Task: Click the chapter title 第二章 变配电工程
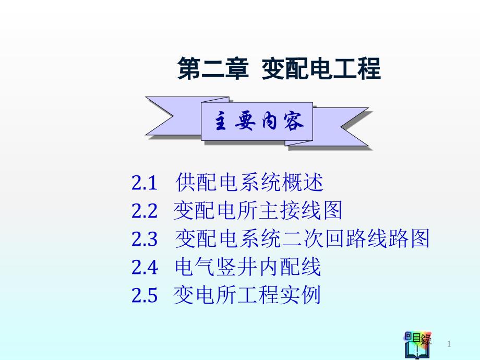click(x=279, y=68)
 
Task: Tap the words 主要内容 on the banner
click(x=259, y=121)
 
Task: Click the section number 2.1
click(x=144, y=183)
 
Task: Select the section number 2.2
click(x=144, y=211)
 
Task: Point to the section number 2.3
click(x=144, y=239)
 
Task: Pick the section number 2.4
click(x=145, y=267)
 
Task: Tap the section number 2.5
click(x=144, y=295)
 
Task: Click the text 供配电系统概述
click(x=249, y=182)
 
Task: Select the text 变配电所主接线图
click(x=257, y=210)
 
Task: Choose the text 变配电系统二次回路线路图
click(x=302, y=238)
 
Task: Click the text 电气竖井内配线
click(x=248, y=267)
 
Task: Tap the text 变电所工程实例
click(x=247, y=295)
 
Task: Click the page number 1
click(x=449, y=344)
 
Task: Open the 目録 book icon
click(x=417, y=345)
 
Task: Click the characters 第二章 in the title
click(x=213, y=68)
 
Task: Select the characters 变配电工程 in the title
click(x=321, y=68)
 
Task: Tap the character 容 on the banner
click(x=293, y=121)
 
